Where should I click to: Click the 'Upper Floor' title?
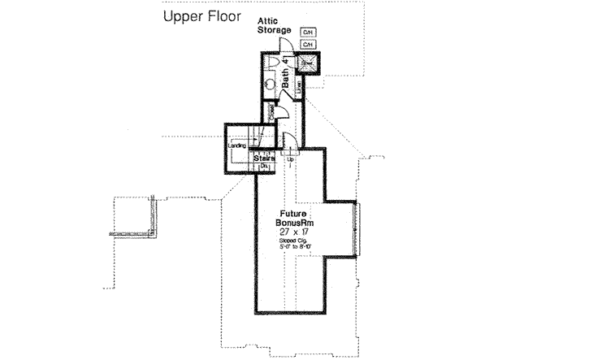click(201, 17)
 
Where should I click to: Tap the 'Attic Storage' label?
click(275, 25)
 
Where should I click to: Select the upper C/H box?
click(308, 33)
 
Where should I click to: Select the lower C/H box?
click(308, 45)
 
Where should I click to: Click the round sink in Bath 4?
click(271, 82)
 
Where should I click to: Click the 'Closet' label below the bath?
click(270, 113)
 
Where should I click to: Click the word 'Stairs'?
click(263, 158)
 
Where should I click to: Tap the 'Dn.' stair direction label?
click(263, 167)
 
